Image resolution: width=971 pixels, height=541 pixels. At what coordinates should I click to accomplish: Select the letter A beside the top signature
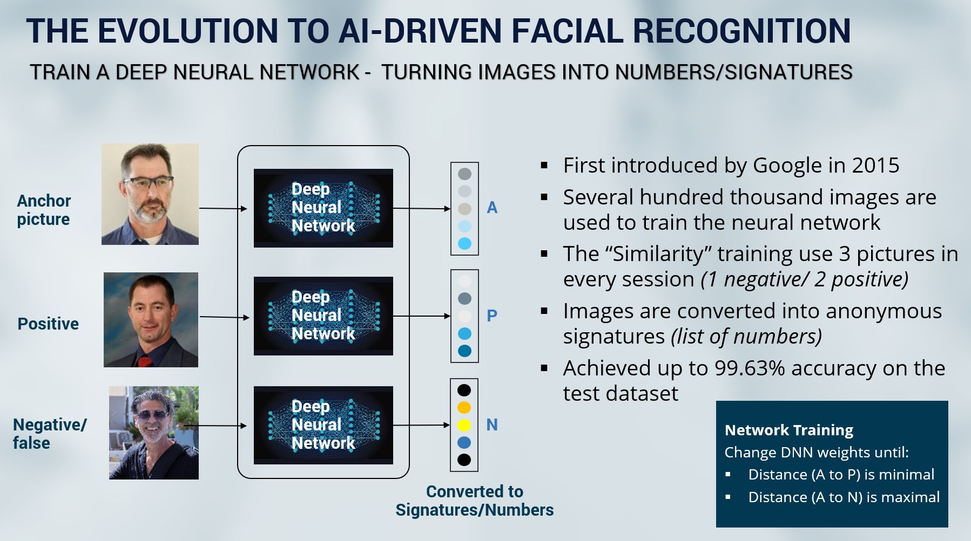point(491,208)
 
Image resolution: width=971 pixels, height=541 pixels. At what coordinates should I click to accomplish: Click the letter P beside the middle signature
point(491,316)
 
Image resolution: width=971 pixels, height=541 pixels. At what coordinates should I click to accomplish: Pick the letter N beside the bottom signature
point(491,425)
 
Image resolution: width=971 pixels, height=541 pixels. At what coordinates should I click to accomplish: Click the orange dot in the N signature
point(464,408)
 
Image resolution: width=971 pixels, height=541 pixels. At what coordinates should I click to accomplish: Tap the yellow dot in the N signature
point(464,425)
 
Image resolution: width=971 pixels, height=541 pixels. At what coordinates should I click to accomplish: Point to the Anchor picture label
point(44,210)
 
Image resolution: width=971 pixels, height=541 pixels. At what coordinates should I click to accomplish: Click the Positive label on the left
point(48,324)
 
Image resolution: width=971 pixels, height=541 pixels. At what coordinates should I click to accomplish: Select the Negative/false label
point(49,434)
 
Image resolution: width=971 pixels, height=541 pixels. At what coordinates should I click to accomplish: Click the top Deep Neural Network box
point(323,208)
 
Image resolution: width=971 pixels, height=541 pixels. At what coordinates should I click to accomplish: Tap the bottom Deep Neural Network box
point(323,425)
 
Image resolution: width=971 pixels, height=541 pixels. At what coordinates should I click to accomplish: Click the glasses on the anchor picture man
point(149,182)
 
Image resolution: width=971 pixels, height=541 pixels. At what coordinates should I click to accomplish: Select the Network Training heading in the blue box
point(788,430)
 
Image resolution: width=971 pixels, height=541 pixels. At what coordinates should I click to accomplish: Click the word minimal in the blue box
point(907,475)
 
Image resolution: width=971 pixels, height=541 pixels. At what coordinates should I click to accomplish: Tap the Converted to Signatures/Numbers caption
point(474,501)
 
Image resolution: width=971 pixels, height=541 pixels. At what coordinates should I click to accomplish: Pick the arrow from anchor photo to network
point(222,208)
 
